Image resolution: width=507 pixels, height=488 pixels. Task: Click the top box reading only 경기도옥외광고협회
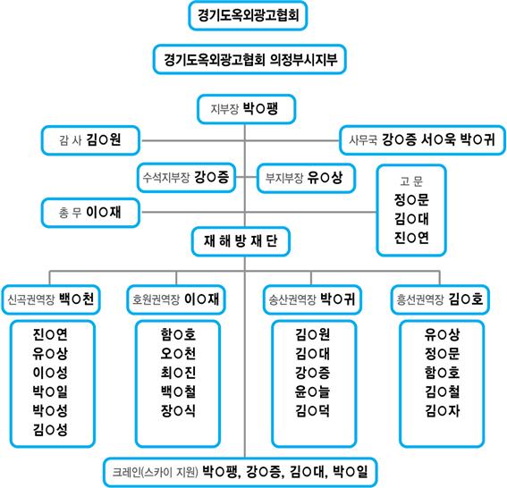[x=248, y=16]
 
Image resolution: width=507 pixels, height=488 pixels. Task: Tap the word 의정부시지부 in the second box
[x=304, y=60]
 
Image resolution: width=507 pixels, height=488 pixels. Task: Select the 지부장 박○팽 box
[x=247, y=109]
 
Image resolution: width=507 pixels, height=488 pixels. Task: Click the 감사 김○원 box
[x=90, y=140]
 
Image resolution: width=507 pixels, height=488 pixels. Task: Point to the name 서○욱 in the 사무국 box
[x=438, y=139]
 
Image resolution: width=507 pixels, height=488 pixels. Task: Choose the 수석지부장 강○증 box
[x=186, y=178]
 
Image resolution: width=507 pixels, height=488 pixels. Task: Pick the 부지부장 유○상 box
[x=306, y=178]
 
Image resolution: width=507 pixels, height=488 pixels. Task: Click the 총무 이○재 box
[x=90, y=213]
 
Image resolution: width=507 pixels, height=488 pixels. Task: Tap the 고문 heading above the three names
[x=411, y=181]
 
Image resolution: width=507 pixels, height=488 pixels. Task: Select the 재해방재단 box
[x=241, y=241]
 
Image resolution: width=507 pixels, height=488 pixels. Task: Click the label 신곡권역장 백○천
[x=51, y=299]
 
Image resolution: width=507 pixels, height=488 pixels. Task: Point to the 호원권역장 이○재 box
[x=176, y=299]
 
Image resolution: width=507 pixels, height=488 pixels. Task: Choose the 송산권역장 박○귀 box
[x=312, y=299]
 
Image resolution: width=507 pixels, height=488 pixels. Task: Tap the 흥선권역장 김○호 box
[x=440, y=299]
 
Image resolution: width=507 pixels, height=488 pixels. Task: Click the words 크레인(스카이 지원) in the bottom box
[x=156, y=472]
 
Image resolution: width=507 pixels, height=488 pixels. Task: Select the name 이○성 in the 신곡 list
[x=50, y=373]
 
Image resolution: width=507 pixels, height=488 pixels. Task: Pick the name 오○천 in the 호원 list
[x=178, y=354]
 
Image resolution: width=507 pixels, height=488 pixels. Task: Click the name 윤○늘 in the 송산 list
[x=312, y=391]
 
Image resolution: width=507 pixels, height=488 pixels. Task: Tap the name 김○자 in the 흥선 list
[x=442, y=411]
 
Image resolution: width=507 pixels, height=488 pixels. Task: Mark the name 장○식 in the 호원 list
[x=178, y=411]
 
